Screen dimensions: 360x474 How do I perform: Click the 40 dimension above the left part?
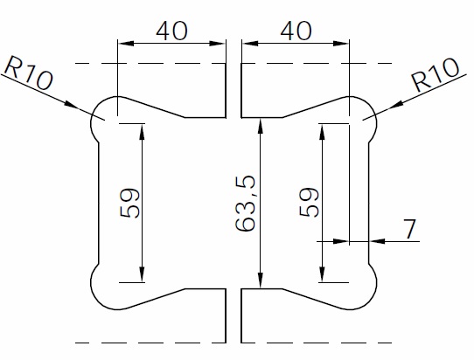pos(172,30)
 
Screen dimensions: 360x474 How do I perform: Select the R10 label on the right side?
pos(434,76)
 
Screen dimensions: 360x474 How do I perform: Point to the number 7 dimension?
pos(409,228)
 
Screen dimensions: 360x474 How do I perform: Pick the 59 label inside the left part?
pos(129,204)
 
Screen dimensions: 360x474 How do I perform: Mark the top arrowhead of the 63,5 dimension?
pos(261,123)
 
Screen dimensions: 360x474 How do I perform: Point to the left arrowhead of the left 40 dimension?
pos(122,41)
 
